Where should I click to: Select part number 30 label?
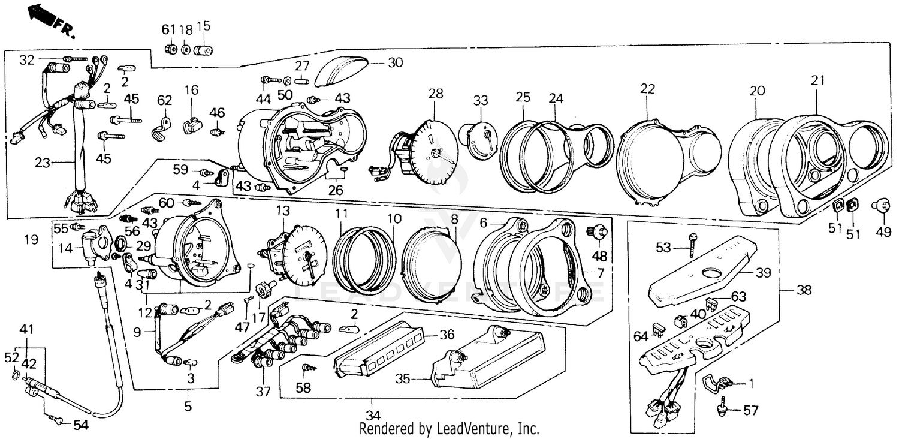coord(396,62)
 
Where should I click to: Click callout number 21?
coord(818,80)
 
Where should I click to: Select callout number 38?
coord(804,291)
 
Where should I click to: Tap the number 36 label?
coord(447,335)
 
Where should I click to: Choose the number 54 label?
coord(80,425)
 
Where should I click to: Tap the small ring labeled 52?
coord(13,377)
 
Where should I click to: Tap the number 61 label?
coord(168,29)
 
